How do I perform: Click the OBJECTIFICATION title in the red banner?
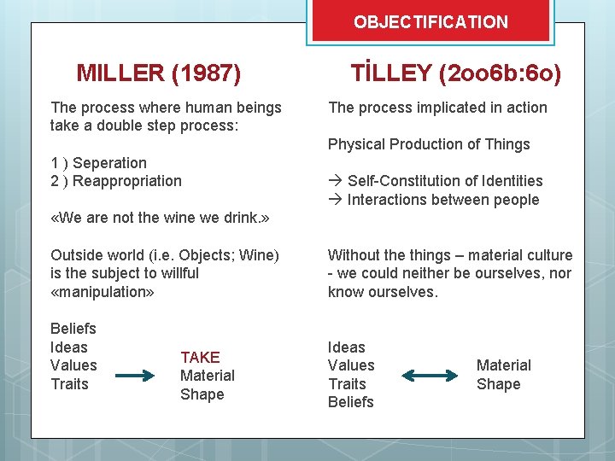click(430, 22)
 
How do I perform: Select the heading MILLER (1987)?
click(158, 73)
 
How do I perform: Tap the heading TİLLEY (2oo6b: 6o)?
click(456, 73)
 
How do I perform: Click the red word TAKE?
click(200, 357)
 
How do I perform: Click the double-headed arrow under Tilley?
click(430, 375)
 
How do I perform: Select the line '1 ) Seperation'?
click(98, 162)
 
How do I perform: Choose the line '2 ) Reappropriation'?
click(116, 181)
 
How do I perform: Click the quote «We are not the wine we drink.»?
click(160, 218)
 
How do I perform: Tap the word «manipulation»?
click(102, 291)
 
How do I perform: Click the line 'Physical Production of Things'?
click(429, 144)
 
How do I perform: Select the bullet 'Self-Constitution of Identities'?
click(444, 181)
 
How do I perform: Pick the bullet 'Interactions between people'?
click(442, 200)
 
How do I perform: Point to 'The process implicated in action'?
click(437, 108)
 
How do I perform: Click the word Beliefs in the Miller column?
click(73, 329)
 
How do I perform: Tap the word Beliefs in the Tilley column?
click(351, 402)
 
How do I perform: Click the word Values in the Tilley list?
click(351, 365)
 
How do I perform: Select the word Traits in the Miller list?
click(69, 384)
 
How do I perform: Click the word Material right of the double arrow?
click(503, 365)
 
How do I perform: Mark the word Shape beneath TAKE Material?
click(202, 394)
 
